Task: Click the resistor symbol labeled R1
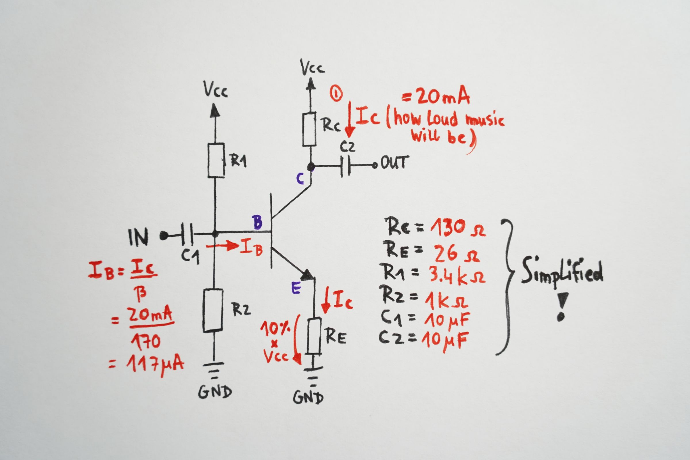[216, 160]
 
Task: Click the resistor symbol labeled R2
[213, 310]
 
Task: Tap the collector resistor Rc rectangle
[310, 129]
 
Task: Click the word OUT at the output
[394, 163]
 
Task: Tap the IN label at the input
[139, 237]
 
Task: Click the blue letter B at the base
[257, 222]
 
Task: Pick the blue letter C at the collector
[300, 179]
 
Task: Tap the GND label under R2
[215, 392]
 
